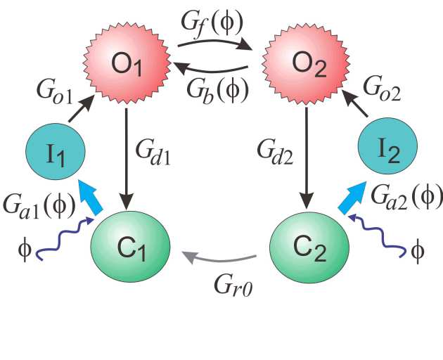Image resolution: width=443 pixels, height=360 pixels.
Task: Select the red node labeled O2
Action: pos(308,65)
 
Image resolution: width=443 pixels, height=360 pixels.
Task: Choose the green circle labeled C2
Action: pos(309,240)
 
